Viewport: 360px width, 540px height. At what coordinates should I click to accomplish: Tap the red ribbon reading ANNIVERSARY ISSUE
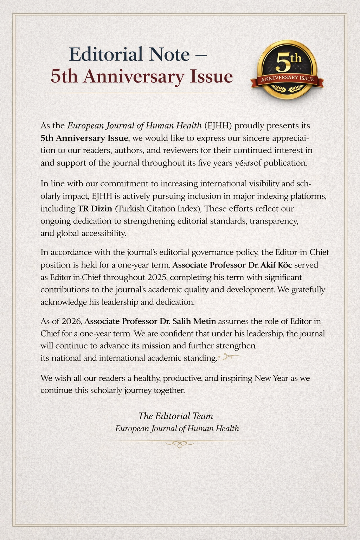[x=287, y=79]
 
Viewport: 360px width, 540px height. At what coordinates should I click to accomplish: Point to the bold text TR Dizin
[x=95, y=208]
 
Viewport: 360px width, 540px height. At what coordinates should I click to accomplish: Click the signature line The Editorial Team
[x=175, y=416]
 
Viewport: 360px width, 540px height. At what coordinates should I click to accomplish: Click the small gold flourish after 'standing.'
[x=229, y=358]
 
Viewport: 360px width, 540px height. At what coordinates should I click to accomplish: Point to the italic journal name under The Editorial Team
[x=177, y=429]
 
